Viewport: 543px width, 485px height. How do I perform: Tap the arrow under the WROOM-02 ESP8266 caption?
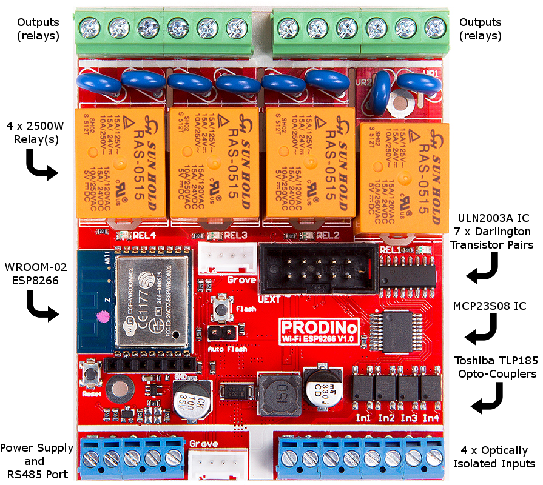point(42,306)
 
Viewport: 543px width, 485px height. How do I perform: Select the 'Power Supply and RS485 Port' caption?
point(34,461)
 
